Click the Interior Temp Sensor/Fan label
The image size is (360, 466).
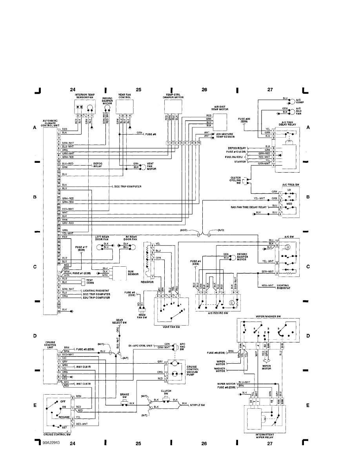click(85, 96)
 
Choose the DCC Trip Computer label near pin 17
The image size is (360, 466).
click(128, 187)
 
